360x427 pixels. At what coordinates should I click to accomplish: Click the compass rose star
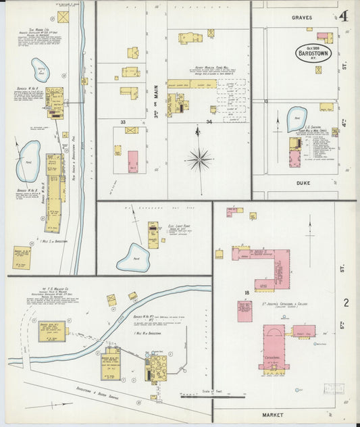199,160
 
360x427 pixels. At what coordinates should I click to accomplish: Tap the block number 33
123,122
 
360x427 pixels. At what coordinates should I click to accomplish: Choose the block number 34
209,122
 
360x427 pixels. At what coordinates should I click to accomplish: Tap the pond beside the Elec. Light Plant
133,257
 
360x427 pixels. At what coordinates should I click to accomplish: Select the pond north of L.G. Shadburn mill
297,120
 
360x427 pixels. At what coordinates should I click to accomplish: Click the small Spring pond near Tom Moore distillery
41,70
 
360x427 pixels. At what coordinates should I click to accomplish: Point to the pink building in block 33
133,161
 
